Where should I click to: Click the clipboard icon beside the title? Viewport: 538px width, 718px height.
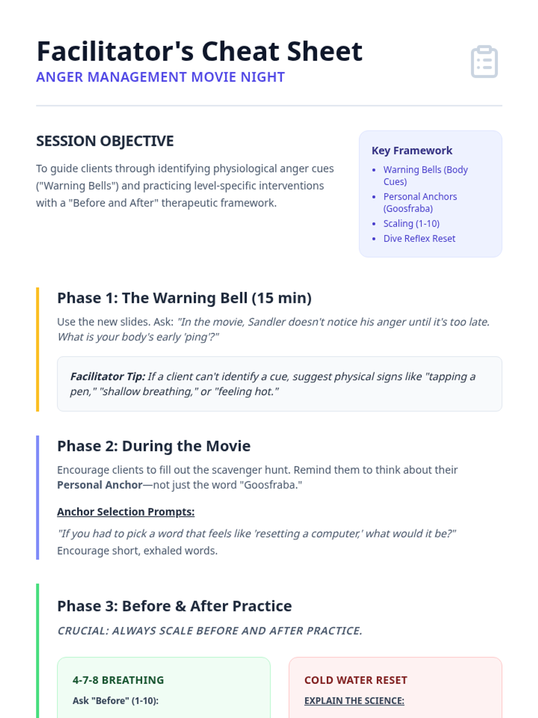click(484, 61)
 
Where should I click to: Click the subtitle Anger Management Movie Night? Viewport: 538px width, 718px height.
click(161, 77)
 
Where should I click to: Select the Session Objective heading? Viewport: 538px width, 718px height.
click(105, 141)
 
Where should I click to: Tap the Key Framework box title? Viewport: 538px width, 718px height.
click(412, 150)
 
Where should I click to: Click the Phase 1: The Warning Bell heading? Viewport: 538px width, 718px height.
click(184, 298)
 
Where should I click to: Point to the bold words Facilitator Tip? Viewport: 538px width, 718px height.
click(108, 377)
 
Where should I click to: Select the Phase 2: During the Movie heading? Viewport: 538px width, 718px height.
click(154, 446)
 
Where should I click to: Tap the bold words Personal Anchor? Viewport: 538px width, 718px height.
click(100, 485)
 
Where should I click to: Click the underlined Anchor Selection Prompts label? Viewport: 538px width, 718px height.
click(126, 512)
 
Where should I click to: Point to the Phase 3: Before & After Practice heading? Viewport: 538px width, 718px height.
click(174, 606)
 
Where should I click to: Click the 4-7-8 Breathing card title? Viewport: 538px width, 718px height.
click(118, 680)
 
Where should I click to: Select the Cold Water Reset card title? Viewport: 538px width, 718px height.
click(356, 680)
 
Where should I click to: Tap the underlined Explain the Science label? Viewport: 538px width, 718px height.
click(354, 700)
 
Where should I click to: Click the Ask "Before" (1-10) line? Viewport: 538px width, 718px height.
click(115, 700)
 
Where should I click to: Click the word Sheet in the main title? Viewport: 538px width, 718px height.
click(325, 51)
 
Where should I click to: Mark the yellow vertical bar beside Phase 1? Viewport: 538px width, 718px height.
click(38, 349)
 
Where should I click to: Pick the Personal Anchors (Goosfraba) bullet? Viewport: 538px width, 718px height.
click(420, 202)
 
